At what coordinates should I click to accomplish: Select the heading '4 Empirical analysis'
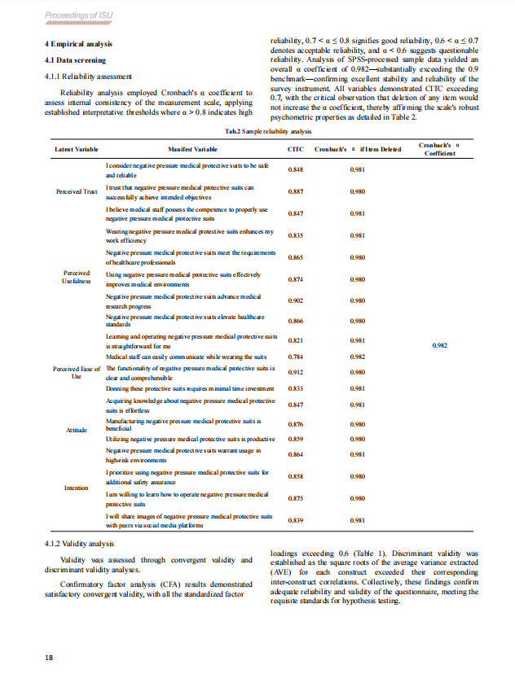[78, 44]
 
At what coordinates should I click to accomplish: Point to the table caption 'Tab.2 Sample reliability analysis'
[257, 131]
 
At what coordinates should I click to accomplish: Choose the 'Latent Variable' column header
[76, 150]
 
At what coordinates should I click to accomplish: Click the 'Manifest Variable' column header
[192, 150]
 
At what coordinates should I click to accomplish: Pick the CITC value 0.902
[296, 300]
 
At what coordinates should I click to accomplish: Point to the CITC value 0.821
[296, 340]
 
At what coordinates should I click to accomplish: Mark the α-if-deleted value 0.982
[357, 357]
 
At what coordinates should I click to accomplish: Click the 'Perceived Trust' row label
[76, 191]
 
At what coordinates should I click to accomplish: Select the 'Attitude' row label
[76, 429]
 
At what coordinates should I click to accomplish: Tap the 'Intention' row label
[76, 488]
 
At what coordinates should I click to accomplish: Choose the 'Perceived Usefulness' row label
[76, 278]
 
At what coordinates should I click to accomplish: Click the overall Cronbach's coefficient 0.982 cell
[439, 345]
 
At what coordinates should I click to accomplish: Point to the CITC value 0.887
[296, 191]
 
